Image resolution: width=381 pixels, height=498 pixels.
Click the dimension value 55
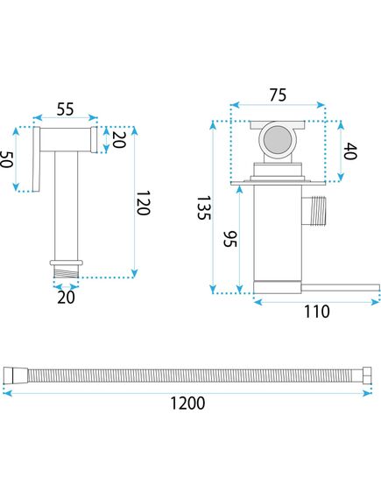[65, 109]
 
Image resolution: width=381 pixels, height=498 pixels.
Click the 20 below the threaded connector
[67, 296]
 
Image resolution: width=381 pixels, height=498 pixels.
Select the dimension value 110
[316, 312]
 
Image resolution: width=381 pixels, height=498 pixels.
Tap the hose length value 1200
[187, 403]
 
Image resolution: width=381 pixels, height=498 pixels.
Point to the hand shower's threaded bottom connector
[67, 270]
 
